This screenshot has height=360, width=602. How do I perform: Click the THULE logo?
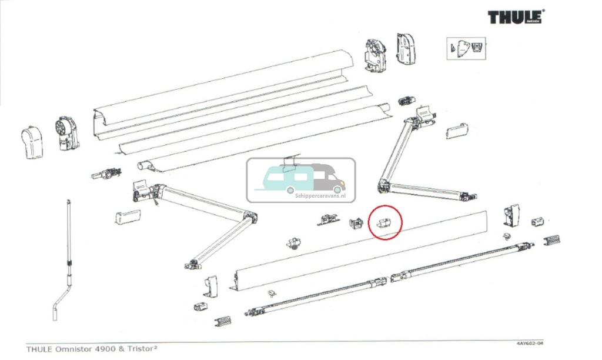click(515, 17)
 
